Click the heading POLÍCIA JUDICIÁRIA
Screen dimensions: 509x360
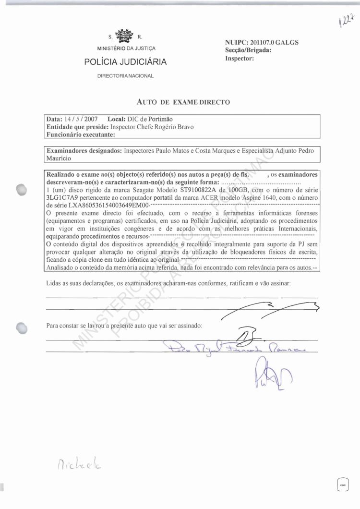[125, 62]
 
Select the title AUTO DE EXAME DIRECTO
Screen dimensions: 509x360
[183, 101]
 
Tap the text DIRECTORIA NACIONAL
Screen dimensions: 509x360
[125, 76]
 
